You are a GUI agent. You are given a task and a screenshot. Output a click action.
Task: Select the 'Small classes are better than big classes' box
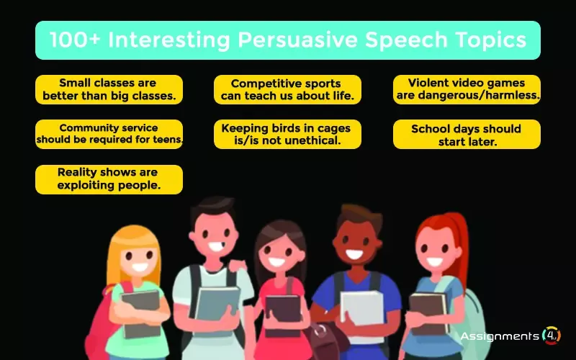(x=109, y=89)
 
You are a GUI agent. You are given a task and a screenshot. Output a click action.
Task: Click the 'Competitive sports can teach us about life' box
(x=287, y=89)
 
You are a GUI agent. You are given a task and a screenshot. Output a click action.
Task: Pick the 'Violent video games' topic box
(x=467, y=89)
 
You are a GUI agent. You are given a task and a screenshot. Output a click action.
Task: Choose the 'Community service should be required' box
(x=109, y=134)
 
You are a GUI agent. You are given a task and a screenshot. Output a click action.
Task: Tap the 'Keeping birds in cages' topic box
(x=287, y=134)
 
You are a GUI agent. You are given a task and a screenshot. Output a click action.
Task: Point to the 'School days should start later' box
(x=467, y=134)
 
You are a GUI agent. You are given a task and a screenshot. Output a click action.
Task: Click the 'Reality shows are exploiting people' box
(x=109, y=179)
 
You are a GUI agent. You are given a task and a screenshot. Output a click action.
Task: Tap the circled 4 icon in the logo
(x=552, y=336)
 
